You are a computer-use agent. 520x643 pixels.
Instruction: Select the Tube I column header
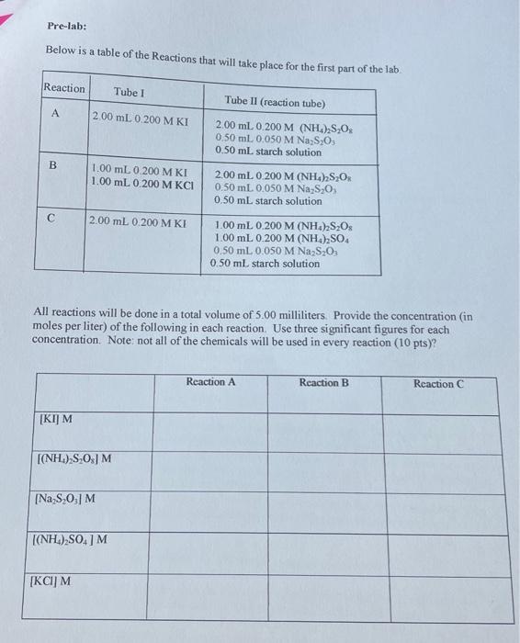tap(129, 92)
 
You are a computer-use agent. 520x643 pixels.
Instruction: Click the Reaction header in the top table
tap(63, 88)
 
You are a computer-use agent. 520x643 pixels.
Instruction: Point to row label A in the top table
tap(57, 116)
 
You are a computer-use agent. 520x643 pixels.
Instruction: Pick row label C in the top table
tap(52, 219)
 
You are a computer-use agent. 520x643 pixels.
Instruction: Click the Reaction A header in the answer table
tap(210, 382)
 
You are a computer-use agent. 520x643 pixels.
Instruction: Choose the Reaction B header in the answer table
tap(324, 382)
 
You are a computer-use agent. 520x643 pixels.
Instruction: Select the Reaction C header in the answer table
tap(438, 383)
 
